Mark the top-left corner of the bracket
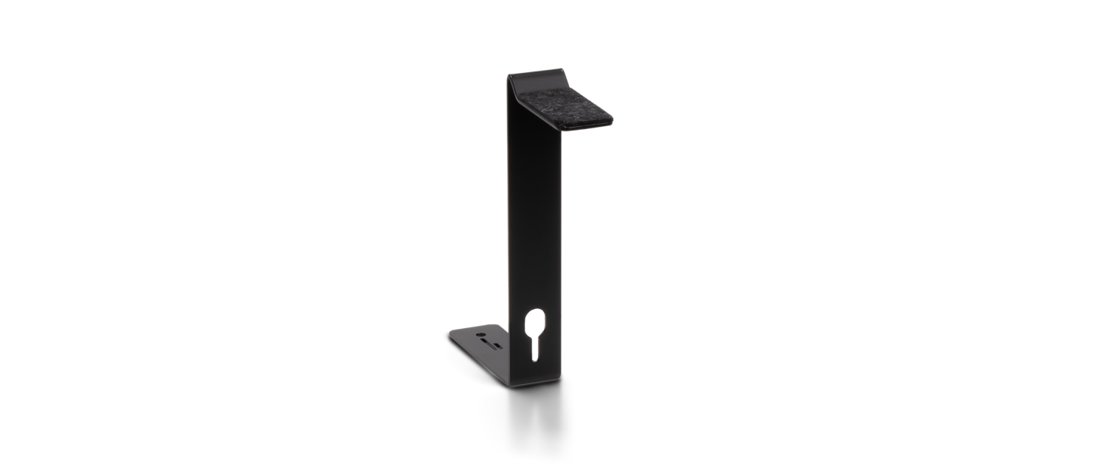(508, 74)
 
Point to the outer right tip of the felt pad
(613, 117)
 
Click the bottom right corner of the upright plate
(563, 374)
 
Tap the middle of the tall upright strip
(537, 221)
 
